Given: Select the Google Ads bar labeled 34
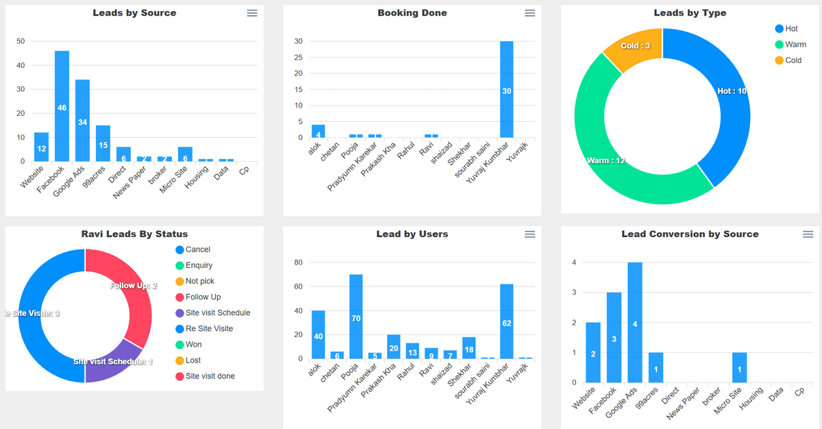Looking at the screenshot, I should point(82,121).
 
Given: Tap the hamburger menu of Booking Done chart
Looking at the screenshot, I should point(530,13).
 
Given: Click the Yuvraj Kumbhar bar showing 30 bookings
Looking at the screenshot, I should point(506,90).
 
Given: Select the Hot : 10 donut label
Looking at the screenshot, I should point(731,91).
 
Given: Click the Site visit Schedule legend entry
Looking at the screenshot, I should point(217,312).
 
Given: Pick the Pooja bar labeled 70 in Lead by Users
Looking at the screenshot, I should point(356,317).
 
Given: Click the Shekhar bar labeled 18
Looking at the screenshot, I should point(469,348).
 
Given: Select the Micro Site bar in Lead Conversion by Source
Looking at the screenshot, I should point(738,367).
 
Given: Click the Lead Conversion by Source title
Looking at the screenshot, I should point(690,234).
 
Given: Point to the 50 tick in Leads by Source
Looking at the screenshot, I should point(21,41).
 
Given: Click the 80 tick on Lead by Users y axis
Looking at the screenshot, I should point(298,262).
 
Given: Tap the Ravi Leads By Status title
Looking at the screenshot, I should point(134,234).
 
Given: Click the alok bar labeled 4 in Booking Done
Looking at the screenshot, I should point(318,132).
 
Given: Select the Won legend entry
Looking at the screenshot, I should point(193,344).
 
